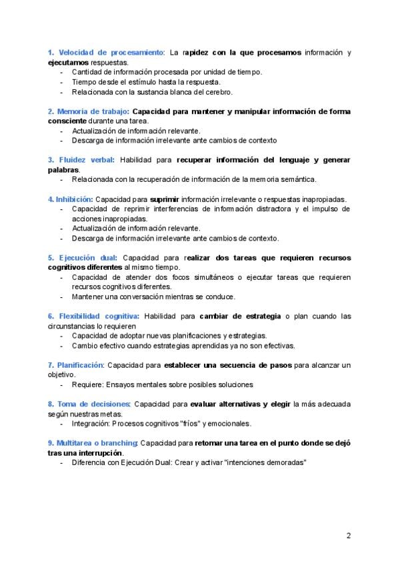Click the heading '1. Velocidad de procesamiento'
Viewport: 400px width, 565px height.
click(x=105, y=53)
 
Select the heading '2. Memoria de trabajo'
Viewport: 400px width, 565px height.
click(x=88, y=111)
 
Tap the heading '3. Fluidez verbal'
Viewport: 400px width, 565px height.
click(x=81, y=160)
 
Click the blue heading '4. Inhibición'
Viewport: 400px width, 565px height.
click(x=69, y=199)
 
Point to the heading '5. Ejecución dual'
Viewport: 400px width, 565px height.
click(x=83, y=257)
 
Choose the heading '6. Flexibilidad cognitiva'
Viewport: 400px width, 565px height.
click(x=93, y=316)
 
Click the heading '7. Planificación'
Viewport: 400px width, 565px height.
click(x=75, y=365)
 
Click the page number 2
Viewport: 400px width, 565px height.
click(x=349, y=535)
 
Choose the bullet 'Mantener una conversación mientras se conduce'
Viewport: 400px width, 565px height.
click(x=153, y=296)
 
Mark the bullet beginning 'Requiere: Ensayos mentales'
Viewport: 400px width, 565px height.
click(x=162, y=384)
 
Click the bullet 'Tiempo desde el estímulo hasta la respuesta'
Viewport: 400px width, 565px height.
click(x=155, y=82)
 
